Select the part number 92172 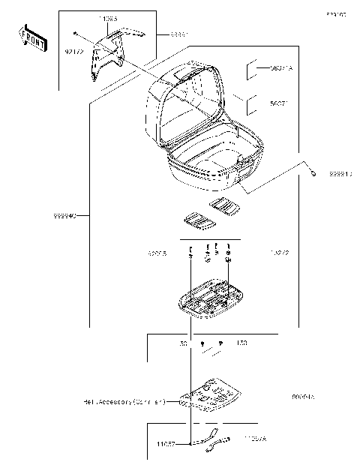(x=73, y=51)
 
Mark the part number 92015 (x=157, y=254)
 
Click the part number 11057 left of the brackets (x=166, y=444)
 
